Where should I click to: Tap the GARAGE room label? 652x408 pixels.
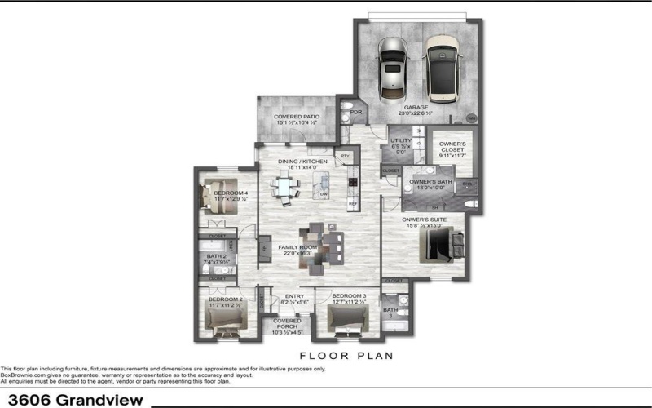[x=416, y=107]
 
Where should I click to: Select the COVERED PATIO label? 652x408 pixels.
[x=296, y=117]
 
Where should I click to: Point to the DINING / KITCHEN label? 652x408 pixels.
[x=302, y=162]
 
